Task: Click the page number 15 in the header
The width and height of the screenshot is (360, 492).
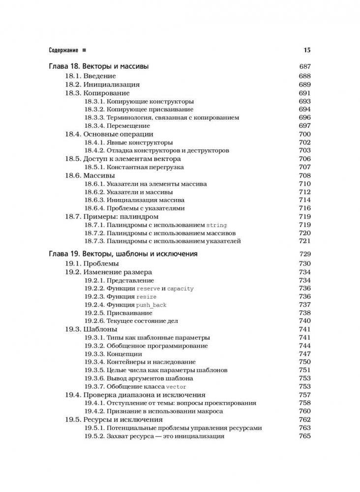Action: click(x=307, y=50)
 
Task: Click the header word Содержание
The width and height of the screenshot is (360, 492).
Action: click(x=64, y=50)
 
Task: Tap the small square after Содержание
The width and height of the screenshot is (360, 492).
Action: click(x=85, y=50)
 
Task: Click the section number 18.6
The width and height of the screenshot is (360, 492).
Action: click(x=73, y=175)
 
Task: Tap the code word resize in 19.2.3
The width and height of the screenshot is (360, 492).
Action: click(x=148, y=297)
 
